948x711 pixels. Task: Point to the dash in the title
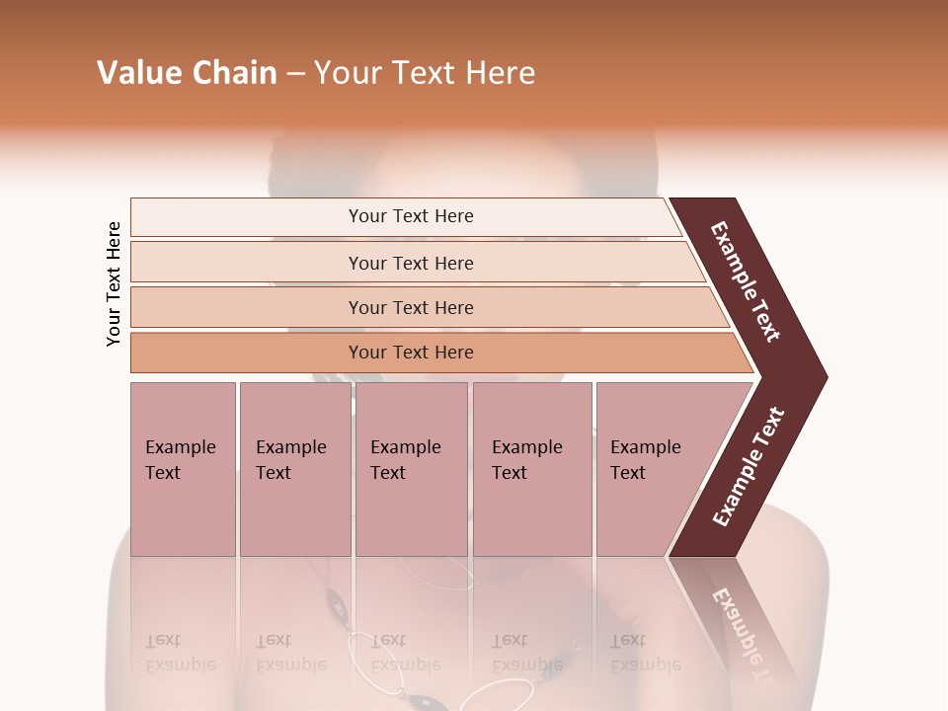click(295, 74)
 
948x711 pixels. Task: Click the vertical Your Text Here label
click(114, 284)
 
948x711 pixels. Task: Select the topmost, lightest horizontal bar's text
click(411, 216)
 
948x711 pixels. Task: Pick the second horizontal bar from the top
click(411, 263)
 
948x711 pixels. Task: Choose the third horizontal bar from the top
click(411, 307)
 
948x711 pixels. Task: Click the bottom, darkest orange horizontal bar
click(411, 353)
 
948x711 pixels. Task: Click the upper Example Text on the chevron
click(746, 282)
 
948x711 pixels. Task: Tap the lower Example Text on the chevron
click(749, 467)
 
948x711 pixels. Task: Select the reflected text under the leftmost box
click(181, 653)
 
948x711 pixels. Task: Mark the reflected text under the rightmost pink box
click(646, 653)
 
